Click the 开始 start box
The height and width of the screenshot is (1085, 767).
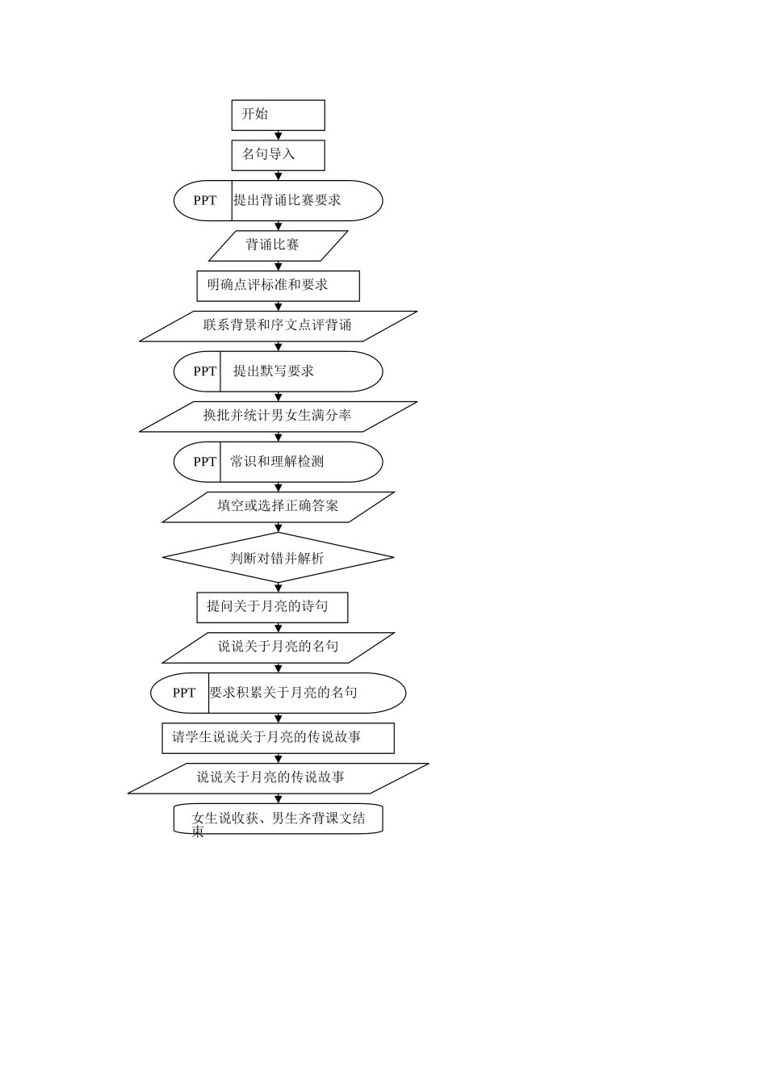(x=278, y=115)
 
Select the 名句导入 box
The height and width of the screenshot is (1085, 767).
(x=278, y=156)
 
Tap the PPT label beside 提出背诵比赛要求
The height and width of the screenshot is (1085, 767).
(x=204, y=200)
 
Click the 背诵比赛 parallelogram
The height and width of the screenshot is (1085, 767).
(x=278, y=245)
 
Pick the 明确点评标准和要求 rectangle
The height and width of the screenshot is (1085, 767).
(x=278, y=286)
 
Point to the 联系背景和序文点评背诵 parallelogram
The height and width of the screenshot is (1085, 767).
(x=278, y=326)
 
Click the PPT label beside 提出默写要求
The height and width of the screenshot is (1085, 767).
(x=204, y=371)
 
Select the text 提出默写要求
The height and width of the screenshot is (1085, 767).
(x=273, y=371)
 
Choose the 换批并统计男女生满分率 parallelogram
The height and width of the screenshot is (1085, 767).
(x=278, y=417)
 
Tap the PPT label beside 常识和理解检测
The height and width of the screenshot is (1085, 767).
(x=204, y=462)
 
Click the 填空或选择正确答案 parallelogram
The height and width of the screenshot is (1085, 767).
(x=278, y=507)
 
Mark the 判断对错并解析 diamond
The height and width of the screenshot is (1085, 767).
(x=278, y=558)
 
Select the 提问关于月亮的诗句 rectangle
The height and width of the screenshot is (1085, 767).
(x=272, y=607)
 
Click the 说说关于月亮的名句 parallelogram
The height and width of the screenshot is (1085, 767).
(x=278, y=647)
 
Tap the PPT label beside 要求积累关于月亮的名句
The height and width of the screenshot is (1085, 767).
(x=183, y=693)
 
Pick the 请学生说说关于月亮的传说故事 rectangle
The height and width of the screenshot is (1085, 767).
(x=278, y=738)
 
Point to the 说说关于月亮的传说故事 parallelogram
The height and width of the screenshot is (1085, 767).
(x=278, y=778)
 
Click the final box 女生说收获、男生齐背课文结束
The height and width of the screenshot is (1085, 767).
(x=278, y=819)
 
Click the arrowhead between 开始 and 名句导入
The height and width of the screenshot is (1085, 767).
(x=278, y=136)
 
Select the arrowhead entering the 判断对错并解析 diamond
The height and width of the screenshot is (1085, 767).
(x=278, y=527)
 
